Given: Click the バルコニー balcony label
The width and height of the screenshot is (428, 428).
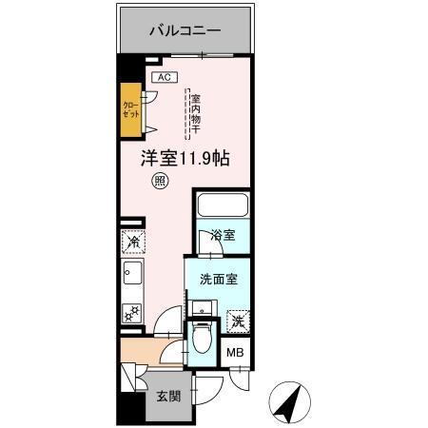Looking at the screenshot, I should (x=185, y=30).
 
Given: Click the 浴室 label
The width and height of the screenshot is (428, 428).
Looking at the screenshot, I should (x=223, y=235).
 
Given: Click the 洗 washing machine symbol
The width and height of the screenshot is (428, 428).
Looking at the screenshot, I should (x=237, y=321).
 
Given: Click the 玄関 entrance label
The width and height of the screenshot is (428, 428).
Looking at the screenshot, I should (x=166, y=396).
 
